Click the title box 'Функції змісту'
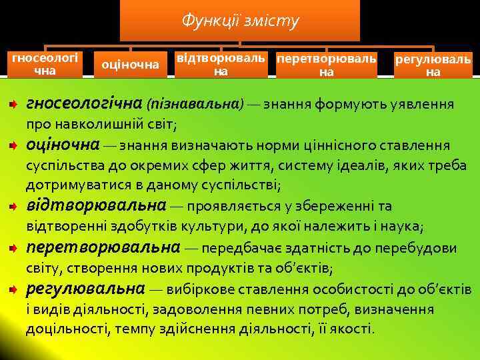pyautogui.click(x=240, y=21)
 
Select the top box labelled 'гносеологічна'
pyautogui.click(x=44, y=63)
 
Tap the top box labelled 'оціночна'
pyautogui.click(x=130, y=64)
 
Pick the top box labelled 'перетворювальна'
pyautogui.click(x=326, y=64)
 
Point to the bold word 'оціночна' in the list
pyautogui.click(x=63, y=145)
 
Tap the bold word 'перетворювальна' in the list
pyautogui.click(x=103, y=248)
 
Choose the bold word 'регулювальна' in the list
pyautogui.click(x=85, y=289)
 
